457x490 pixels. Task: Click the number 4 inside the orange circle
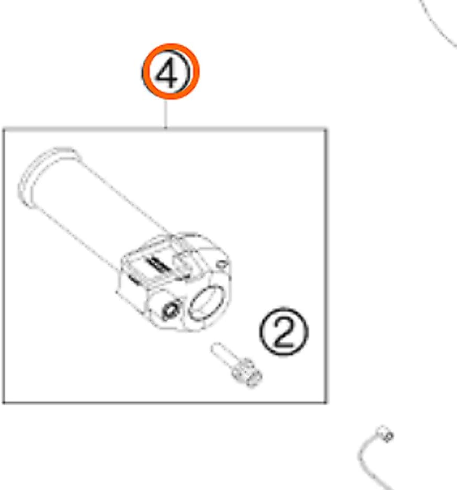click(169, 74)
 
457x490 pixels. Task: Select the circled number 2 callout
click(284, 332)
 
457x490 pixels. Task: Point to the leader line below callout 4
click(166, 113)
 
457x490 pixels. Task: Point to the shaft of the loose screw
click(223, 353)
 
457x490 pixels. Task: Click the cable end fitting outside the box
click(385, 434)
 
